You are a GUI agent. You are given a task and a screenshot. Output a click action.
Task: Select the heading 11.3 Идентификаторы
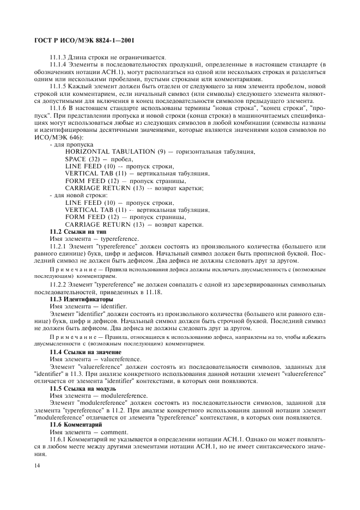pyautogui.click(x=82, y=300)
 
